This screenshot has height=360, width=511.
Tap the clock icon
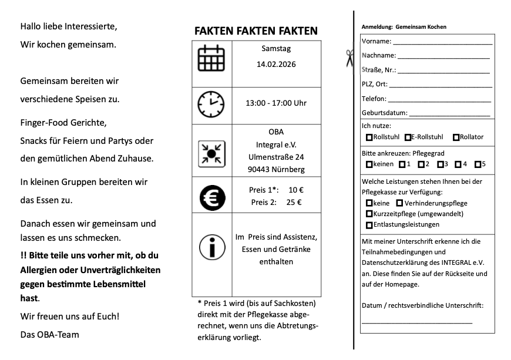click(x=210, y=103)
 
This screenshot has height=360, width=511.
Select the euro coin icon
click(x=210, y=197)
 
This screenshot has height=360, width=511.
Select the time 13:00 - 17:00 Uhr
click(x=276, y=103)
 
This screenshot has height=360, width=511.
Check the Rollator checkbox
click(x=456, y=137)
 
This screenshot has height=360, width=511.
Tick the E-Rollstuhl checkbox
click(x=408, y=137)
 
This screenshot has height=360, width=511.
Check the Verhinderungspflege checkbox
click(x=399, y=203)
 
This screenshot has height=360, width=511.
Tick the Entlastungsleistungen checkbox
click(x=369, y=225)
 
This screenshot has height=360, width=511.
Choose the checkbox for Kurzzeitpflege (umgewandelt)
click(x=369, y=214)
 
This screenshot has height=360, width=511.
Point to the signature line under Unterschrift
click(x=416, y=322)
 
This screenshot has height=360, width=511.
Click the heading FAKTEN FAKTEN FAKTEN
click(x=256, y=31)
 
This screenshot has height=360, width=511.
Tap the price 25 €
click(x=294, y=203)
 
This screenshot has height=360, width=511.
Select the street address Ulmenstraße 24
click(x=276, y=157)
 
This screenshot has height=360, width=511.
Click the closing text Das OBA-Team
click(x=49, y=335)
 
